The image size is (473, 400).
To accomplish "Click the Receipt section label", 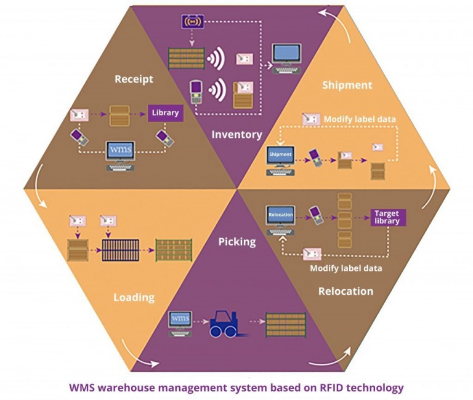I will (134, 79).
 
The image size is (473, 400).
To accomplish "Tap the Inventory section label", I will (236, 134).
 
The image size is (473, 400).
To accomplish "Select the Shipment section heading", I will (347, 85).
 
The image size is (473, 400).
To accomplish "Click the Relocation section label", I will (346, 290).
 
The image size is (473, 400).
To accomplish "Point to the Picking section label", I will (236, 241).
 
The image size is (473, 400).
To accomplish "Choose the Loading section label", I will (134, 297).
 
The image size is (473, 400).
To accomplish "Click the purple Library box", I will (165, 113).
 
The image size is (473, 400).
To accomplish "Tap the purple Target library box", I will (388, 217).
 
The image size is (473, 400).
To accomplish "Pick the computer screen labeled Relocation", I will (280, 217).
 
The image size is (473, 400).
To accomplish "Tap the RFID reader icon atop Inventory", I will (192, 22).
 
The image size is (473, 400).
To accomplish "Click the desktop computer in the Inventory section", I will (287, 57).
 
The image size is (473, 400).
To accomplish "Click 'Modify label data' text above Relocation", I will (345, 268).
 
